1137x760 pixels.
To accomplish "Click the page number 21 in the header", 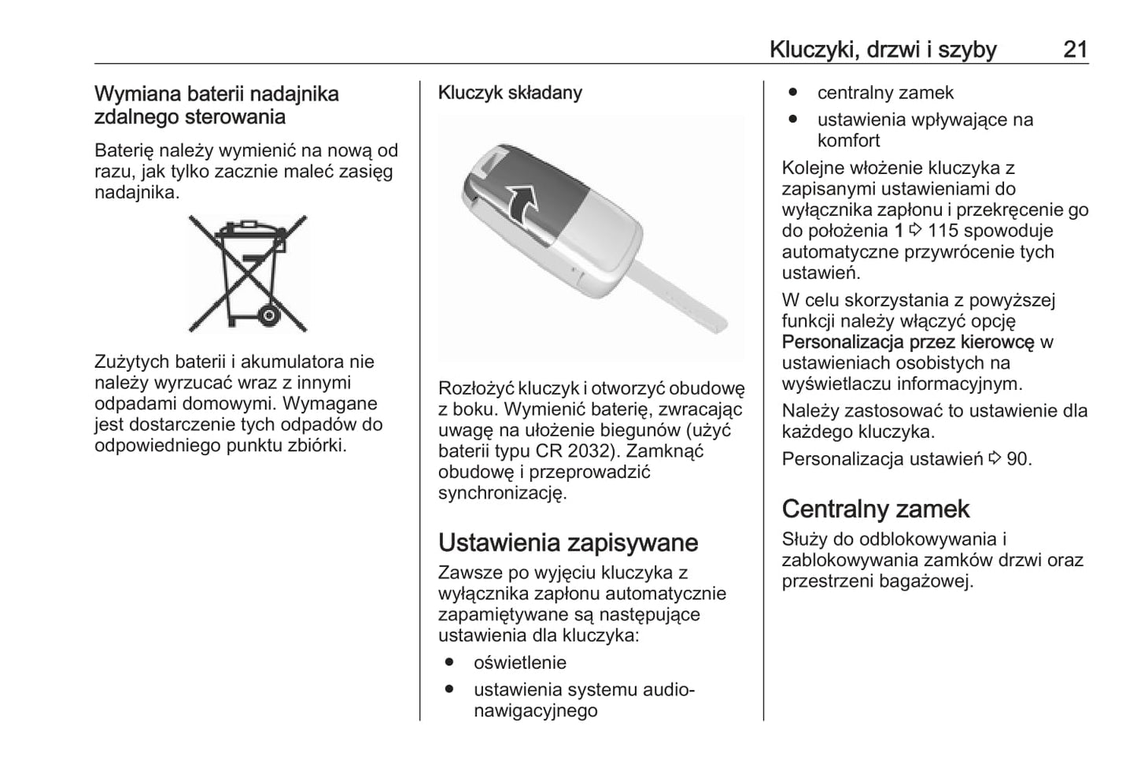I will tap(1075, 50).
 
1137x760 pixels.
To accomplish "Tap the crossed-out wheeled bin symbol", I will tap(248, 272).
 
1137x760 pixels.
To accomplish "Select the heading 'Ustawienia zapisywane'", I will tap(567, 543).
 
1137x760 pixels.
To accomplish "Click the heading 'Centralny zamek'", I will tap(875, 509).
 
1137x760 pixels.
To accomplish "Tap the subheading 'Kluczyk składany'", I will tap(510, 93).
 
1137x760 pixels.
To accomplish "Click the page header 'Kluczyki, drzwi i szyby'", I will tap(883, 50).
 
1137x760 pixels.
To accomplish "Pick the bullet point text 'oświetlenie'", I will tap(519, 663).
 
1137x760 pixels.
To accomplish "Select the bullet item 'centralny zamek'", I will tap(884, 93).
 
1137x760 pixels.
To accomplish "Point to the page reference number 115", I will tap(943, 232).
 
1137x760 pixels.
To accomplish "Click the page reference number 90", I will tap(1017, 459).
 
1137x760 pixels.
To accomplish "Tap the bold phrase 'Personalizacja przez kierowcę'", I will tap(908, 343).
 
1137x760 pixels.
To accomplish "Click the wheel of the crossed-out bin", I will tap(269, 316).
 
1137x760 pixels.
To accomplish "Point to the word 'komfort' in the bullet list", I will tap(848, 141).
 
